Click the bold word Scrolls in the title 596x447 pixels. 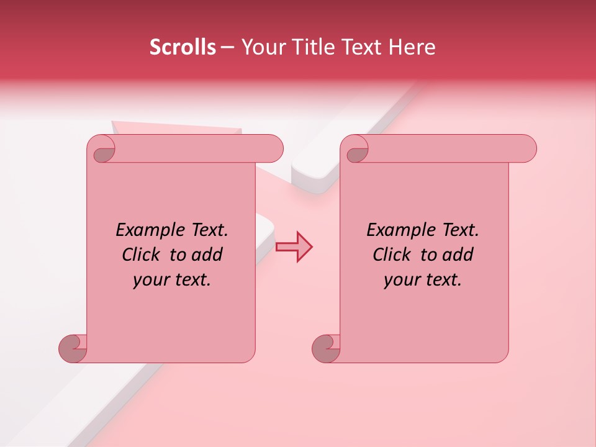tap(183, 47)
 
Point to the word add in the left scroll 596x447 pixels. tap(207, 255)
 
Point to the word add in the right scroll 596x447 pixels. tap(458, 255)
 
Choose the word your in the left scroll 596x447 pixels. tap(150, 280)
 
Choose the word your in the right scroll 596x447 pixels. tap(400, 280)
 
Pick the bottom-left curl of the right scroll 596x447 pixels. tap(325, 348)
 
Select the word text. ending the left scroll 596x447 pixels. tap(191, 280)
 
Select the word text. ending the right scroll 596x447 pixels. tap(442, 280)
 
